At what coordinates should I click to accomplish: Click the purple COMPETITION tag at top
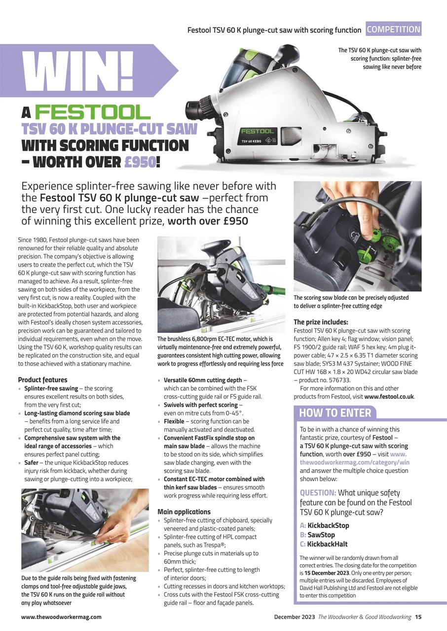pos(394,29)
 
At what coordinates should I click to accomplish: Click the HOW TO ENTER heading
pos(335,413)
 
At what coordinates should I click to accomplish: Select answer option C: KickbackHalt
pos(327,544)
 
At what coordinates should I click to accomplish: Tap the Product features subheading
pos(42,380)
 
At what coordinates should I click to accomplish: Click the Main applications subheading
pos(184,512)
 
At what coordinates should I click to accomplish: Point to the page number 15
pos(418,617)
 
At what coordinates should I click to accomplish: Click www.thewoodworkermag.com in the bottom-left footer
pos(61,617)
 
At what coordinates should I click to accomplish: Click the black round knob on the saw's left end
pos(193,106)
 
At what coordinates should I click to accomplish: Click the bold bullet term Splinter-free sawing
pos(51,388)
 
